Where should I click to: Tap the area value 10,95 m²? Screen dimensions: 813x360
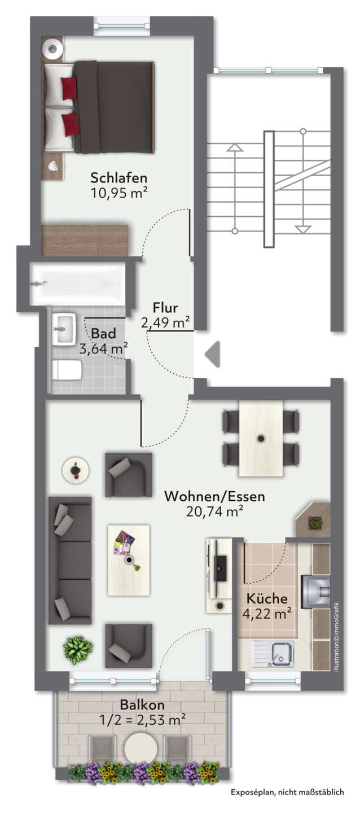(x=118, y=193)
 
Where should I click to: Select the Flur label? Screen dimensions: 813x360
(x=165, y=308)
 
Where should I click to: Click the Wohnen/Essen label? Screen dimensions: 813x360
(x=214, y=496)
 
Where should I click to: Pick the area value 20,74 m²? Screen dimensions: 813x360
(x=214, y=512)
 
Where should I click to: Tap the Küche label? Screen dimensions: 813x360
(x=267, y=598)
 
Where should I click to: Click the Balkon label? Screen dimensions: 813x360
(x=142, y=705)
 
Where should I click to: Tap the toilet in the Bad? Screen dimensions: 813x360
(x=66, y=371)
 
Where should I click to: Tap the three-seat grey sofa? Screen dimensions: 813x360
(x=70, y=560)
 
